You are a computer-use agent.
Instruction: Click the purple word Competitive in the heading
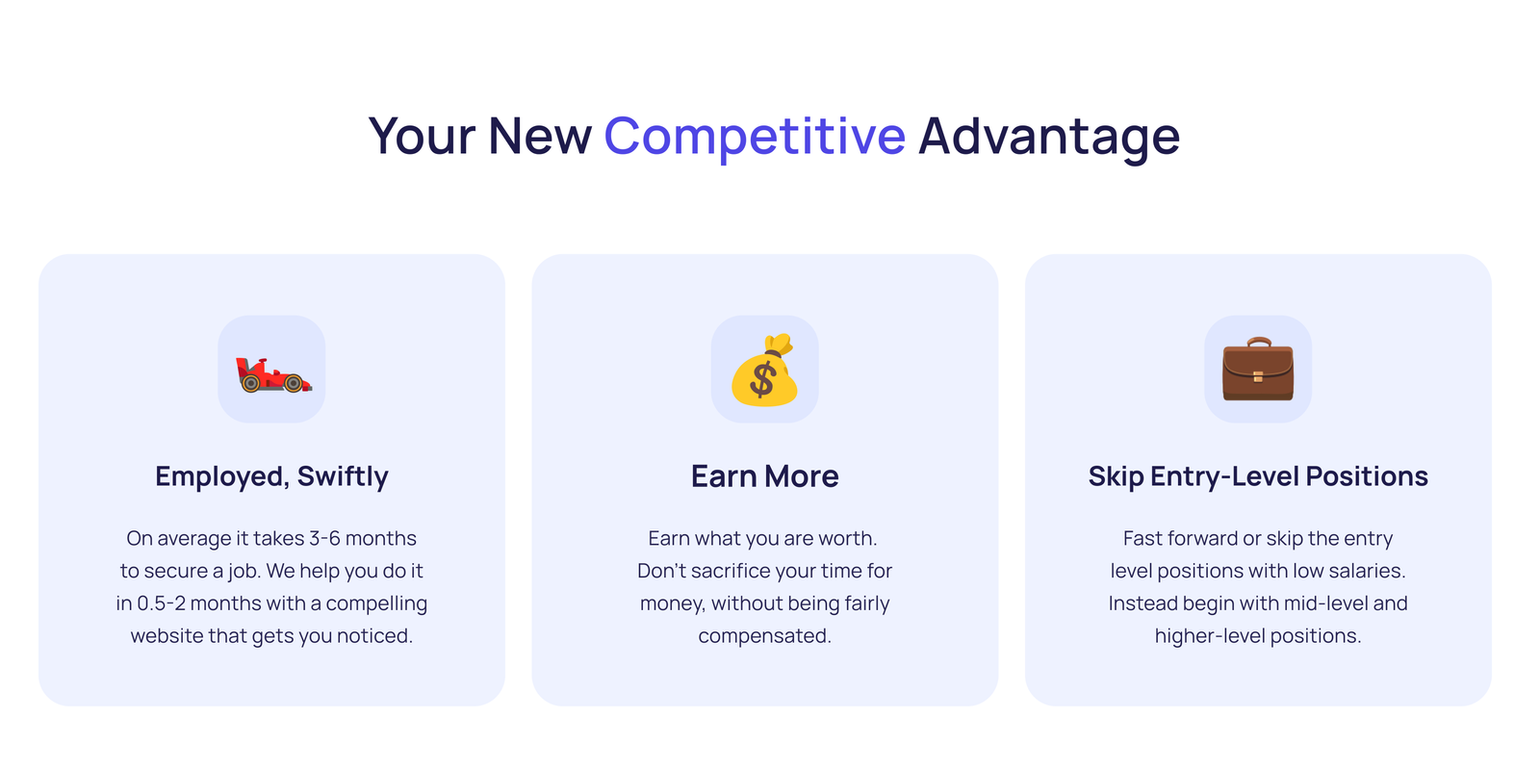tap(755, 136)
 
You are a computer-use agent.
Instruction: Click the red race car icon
tap(273, 375)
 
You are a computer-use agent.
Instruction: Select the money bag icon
tap(764, 370)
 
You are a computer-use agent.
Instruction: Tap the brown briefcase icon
tap(1258, 369)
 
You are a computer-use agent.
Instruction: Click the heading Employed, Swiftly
tap(271, 476)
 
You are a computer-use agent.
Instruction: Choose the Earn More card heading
tap(764, 476)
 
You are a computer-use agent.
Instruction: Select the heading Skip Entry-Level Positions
tap(1258, 476)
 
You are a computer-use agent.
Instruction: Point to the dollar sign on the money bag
tap(762, 381)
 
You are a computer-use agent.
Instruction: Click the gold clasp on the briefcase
tap(1258, 376)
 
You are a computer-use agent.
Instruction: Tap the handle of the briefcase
tap(1259, 342)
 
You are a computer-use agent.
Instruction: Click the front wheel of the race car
tap(294, 383)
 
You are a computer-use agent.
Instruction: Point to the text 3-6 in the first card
tap(324, 538)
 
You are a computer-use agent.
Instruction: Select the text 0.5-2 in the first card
tap(161, 603)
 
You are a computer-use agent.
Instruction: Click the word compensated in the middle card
tap(764, 636)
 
